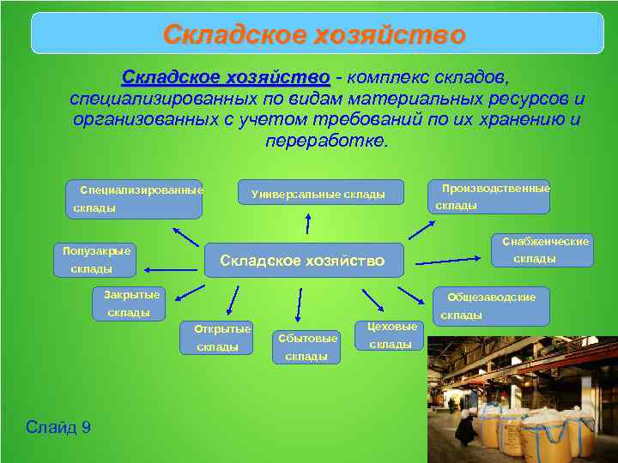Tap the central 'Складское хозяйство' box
pyautogui.click(x=303, y=260)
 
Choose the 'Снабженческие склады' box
pyautogui.click(x=539, y=250)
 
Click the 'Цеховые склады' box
pyautogui.click(x=390, y=335)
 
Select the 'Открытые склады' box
pyautogui.click(x=217, y=337)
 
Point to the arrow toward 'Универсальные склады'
pyautogui.click(x=306, y=223)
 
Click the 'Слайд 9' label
pyautogui.click(x=58, y=427)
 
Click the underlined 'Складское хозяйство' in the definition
pyautogui.click(x=226, y=78)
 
